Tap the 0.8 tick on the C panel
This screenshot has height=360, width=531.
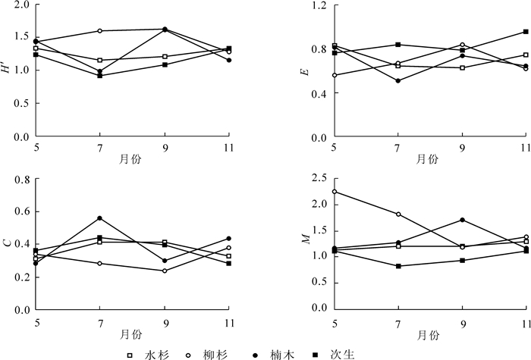20,180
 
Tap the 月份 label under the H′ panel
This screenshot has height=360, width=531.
129,160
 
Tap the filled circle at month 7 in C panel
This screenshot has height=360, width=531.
100,218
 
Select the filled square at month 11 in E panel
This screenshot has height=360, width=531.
526,32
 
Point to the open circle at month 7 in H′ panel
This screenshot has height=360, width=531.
100,31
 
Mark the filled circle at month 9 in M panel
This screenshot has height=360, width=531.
462,220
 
